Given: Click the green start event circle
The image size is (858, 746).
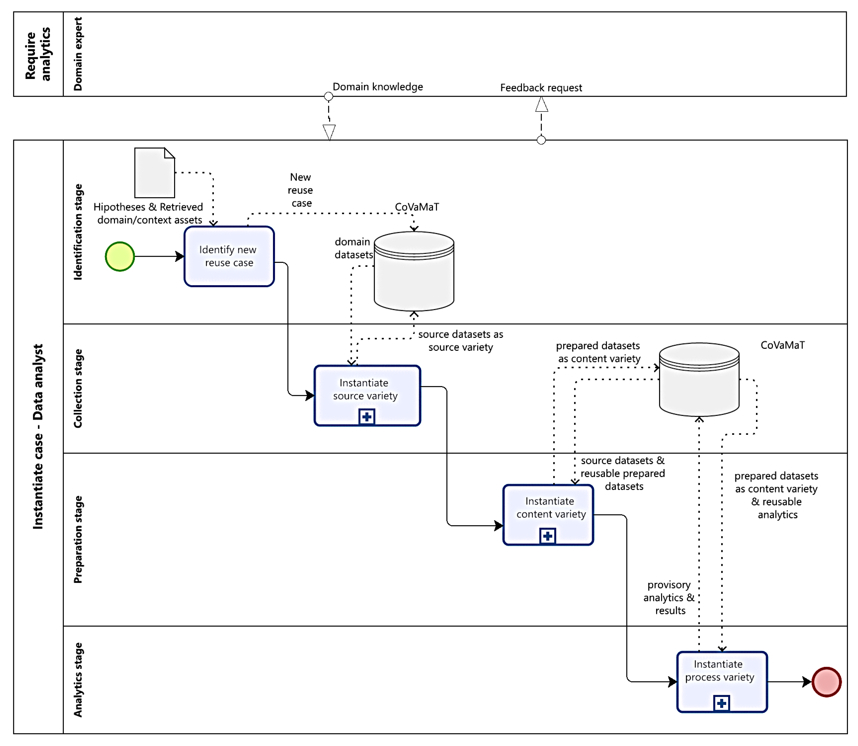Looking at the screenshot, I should tap(120, 257).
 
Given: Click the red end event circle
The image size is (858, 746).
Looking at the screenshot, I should tap(826, 682).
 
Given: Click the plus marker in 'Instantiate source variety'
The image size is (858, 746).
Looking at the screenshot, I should tap(367, 417).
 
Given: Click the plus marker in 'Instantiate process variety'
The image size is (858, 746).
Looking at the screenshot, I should tap(722, 703).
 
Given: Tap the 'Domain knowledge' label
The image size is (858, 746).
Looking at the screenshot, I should tap(378, 87).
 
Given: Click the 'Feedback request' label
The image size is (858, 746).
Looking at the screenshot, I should tap(541, 88).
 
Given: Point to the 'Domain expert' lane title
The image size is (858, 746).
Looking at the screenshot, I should tap(78, 54).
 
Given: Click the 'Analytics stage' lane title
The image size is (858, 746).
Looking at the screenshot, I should tap(78, 679).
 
